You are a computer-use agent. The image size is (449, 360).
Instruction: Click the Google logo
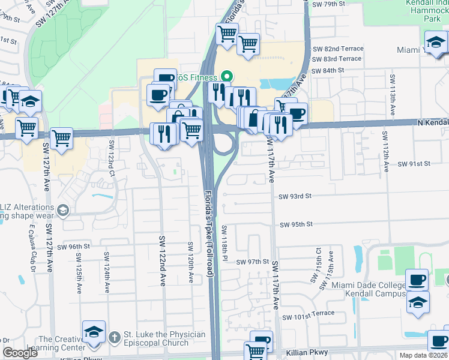20,353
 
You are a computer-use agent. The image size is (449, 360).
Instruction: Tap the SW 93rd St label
295,196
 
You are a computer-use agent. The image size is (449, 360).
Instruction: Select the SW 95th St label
297,224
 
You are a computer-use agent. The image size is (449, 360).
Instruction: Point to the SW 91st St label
415,164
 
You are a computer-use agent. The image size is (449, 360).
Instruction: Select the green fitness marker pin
227,77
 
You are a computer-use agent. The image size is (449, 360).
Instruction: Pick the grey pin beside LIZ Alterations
63,210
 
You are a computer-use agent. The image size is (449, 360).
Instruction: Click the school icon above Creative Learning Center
94,332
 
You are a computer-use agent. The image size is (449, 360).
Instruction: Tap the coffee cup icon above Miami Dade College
417,280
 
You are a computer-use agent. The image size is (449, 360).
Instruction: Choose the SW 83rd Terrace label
337,59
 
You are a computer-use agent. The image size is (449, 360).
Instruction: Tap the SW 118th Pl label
224,242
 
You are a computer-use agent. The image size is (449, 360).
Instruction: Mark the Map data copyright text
423,355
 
